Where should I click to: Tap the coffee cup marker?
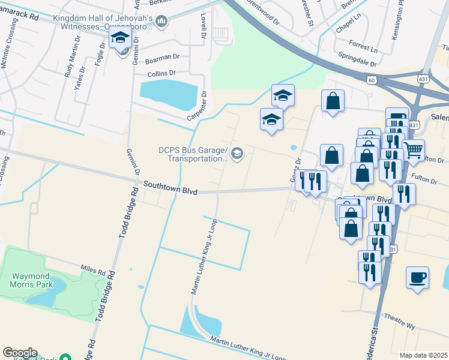(x=417, y=278)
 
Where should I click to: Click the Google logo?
(x=19, y=353)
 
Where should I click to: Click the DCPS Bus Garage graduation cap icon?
(x=237, y=154)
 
